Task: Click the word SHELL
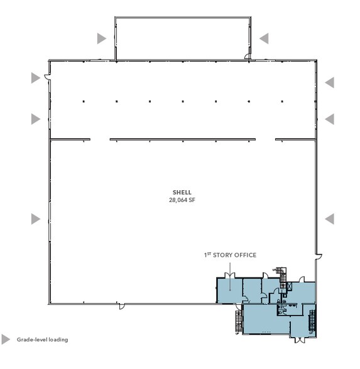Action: coord(182,193)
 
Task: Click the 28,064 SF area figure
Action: coord(182,200)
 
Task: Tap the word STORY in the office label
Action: coord(224,255)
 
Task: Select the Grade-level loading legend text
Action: coord(43,340)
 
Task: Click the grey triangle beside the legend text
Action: coord(6,340)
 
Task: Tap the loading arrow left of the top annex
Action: coord(102,38)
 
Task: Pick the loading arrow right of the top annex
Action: coord(264,38)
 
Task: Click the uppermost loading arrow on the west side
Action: coord(36,78)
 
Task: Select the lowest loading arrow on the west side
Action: coord(36,219)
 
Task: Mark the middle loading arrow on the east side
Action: coord(329,119)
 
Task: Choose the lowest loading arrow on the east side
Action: coord(329,219)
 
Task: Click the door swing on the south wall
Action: coord(122,306)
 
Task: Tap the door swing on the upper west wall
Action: coord(47,77)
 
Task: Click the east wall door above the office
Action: coord(319,257)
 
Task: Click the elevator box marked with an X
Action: coord(290,286)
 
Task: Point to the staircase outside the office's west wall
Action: coord(239,321)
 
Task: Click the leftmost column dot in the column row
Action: coord(84,102)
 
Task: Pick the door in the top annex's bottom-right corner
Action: coord(247,56)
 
